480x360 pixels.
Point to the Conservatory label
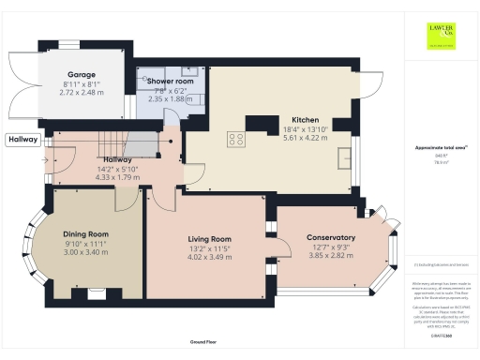coord(331,237)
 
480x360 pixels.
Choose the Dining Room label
coord(86,233)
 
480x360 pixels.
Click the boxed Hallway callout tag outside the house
coord(22,141)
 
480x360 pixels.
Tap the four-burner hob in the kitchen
coord(236,139)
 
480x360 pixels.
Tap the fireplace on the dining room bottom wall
coord(95,292)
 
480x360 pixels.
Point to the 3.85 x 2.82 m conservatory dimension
coord(331,254)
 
